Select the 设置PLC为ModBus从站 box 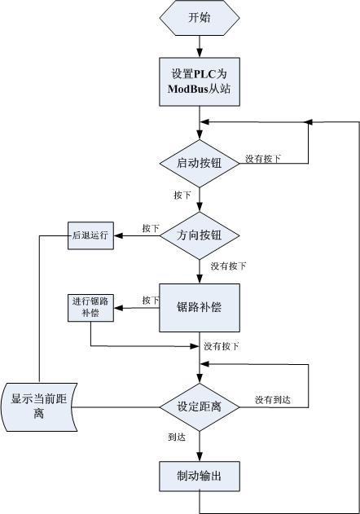[x=199, y=81]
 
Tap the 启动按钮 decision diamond [x=199, y=162]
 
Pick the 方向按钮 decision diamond [x=199, y=236]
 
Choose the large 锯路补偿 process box [x=199, y=308]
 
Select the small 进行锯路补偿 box [x=90, y=308]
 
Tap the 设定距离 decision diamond [x=199, y=406]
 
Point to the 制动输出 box [x=199, y=477]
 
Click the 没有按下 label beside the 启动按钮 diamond [x=264, y=158]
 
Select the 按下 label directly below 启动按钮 [x=183, y=196]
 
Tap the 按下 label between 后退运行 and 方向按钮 [x=151, y=229]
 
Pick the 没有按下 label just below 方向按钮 [x=228, y=266]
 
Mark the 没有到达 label [x=273, y=399]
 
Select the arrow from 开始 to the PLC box [x=199, y=46]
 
